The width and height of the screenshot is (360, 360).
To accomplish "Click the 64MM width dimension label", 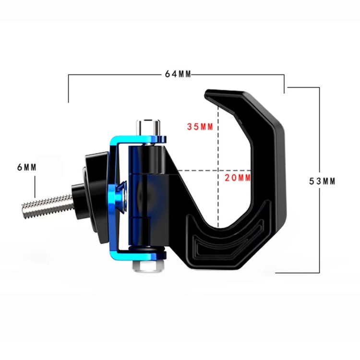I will coord(178,74).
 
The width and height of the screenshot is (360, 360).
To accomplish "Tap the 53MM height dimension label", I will coord(322,181).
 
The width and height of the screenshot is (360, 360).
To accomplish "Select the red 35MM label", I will coord(200,127).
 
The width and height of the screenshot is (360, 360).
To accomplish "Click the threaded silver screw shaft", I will coord(46,203).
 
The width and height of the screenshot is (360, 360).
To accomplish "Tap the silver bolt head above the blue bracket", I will coord(148,126).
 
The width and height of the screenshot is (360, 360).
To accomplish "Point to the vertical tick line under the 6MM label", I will coord(35,187).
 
